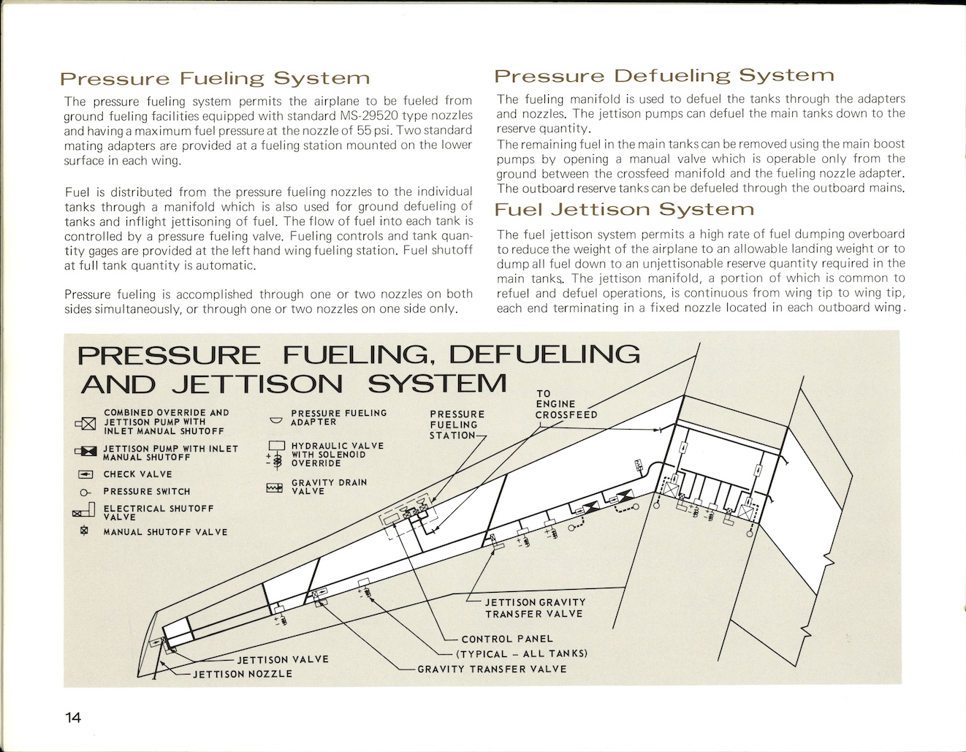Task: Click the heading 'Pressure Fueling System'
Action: point(215,78)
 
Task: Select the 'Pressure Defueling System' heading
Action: point(663,75)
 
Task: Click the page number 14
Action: point(72,717)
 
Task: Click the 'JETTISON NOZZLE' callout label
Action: point(242,674)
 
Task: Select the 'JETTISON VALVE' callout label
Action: point(283,659)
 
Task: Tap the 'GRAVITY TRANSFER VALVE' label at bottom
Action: point(492,669)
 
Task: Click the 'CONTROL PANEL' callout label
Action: point(507,639)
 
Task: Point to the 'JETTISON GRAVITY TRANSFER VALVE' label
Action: point(535,608)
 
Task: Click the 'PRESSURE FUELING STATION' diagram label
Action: point(457,425)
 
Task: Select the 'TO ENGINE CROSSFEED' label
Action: point(566,404)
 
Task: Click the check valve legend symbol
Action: point(85,475)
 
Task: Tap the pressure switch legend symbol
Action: point(84,492)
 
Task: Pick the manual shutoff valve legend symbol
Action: point(84,531)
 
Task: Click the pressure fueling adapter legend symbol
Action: point(276,420)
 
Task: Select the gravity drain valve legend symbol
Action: point(275,487)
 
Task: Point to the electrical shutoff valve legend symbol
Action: point(85,511)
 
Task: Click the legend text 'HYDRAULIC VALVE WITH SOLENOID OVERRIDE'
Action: point(337,455)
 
